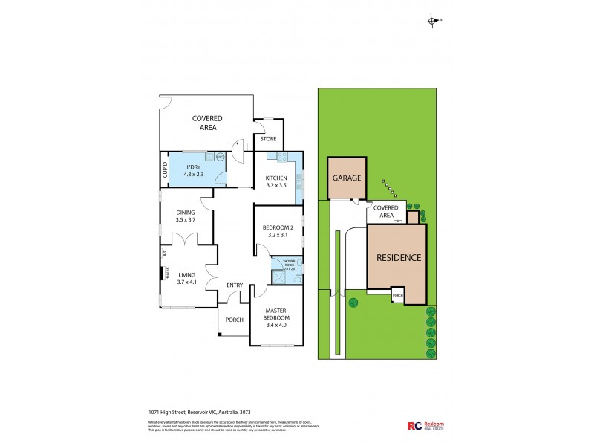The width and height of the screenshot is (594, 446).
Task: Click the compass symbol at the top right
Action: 431,21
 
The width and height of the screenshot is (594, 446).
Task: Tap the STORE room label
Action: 268,138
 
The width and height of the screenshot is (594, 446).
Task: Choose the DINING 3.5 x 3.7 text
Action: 186,216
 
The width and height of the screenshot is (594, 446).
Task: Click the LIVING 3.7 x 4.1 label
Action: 186,278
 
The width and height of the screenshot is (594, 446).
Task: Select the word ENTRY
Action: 235,285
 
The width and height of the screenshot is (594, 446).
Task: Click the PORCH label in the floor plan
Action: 235,320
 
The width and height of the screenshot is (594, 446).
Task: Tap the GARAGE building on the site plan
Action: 346,178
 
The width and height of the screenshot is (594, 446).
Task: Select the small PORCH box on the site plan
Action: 397,295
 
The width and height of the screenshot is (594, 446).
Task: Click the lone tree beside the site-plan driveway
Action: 353,302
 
